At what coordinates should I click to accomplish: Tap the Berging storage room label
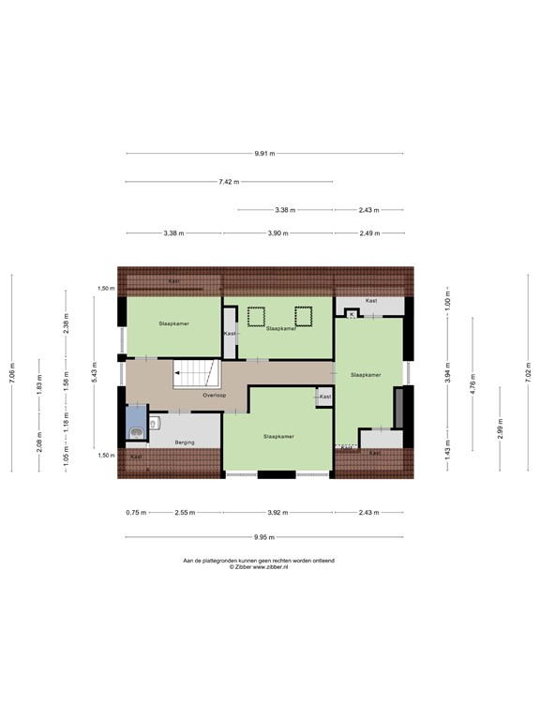point(185,442)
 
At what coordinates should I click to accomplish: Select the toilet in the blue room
point(137,432)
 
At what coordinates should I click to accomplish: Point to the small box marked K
point(352,315)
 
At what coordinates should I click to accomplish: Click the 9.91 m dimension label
point(264,154)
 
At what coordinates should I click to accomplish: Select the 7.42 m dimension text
point(230,182)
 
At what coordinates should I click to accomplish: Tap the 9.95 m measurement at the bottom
point(265,537)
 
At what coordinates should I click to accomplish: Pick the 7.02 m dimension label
point(529,372)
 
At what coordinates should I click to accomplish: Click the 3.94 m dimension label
point(448,373)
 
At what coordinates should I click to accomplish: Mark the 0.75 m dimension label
point(136,513)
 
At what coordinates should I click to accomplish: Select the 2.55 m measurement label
point(184,513)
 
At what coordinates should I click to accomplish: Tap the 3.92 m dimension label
point(277,513)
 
